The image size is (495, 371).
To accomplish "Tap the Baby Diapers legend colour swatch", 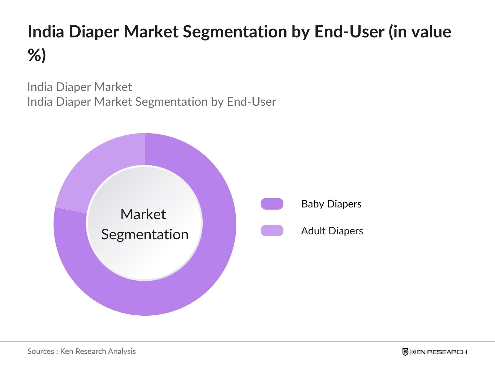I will coord(272,204).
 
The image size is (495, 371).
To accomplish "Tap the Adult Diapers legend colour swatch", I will coord(272,231).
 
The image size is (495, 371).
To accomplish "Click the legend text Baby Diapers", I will coord(331,204).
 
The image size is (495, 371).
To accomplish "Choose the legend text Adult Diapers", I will coord(332,231).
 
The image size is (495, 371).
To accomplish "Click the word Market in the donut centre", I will coord(143,214).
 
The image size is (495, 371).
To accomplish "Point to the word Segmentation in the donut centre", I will coord(145,234).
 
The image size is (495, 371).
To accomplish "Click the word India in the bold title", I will coord(46,32).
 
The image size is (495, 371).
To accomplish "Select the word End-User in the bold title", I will coord(349,32).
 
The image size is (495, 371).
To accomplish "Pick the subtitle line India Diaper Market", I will coord(80,87).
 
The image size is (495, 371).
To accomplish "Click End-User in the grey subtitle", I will coord(251,102).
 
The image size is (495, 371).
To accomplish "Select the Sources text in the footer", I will coord(41,351).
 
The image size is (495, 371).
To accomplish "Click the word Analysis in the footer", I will coord(122,351).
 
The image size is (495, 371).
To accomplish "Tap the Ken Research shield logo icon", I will coord(405,352).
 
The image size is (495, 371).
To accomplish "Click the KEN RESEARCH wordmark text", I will coord(439,352).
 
